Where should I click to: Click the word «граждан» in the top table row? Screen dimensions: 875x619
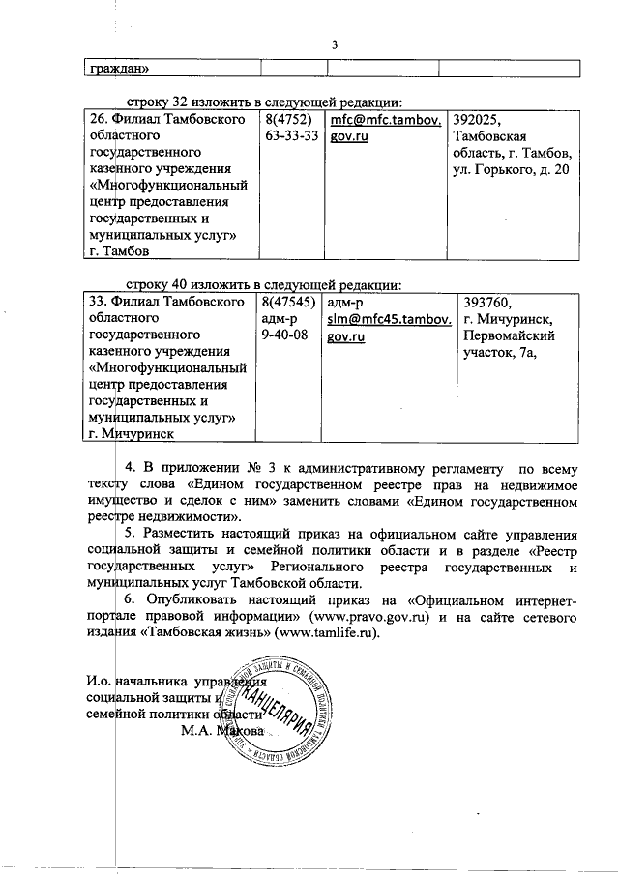[x=120, y=69]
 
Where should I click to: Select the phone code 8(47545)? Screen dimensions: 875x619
[x=287, y=303]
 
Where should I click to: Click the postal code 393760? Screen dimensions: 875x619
[x=488, y=303]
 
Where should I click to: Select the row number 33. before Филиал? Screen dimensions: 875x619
[x=99, y=303]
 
